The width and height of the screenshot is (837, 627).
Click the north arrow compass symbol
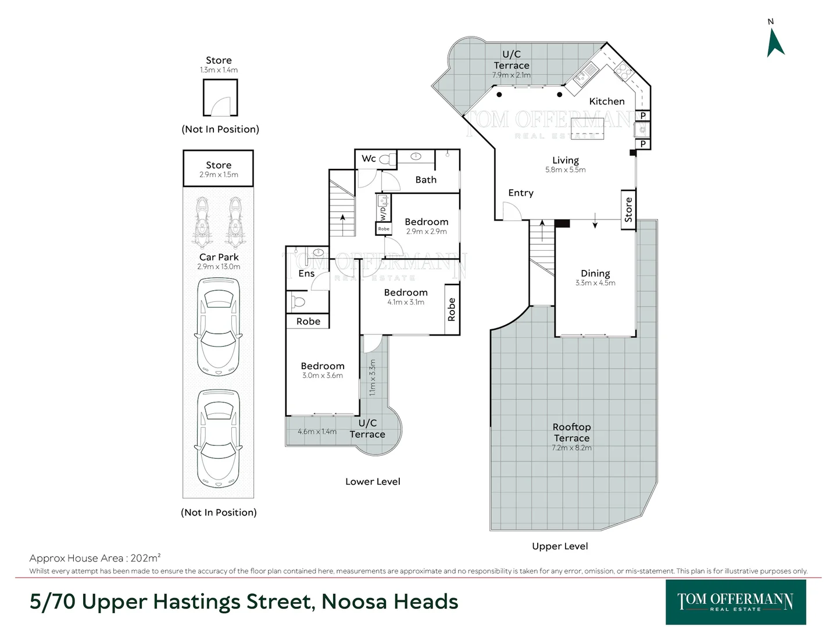[x=775, y=42]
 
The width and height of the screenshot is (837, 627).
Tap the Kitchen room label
[x=606, y=102]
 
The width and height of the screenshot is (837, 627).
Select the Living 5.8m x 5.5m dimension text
[x=565, y=170]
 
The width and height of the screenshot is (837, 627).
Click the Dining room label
[x=595, y=273]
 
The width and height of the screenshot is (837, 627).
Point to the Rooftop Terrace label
[x=571, y=433]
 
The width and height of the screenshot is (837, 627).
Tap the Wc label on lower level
[x=369, y=158]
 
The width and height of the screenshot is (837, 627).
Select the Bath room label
[x=425, y=180]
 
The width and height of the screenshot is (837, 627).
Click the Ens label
[x=306, y=273]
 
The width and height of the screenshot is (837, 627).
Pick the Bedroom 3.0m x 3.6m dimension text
[x=322, y=376]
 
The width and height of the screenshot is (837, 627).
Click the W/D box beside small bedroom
[x=383, y=208]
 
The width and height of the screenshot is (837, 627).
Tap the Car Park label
[x=219, y=257]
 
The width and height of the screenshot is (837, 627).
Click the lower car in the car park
[x=219, y=438]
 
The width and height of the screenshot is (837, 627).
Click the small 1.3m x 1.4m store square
[x=220, y=98]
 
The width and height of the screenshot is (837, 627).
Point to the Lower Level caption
[x=373, y=481]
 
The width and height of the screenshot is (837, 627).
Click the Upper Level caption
[x=560, y=546]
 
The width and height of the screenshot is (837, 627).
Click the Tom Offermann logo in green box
[x=735, y=602]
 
